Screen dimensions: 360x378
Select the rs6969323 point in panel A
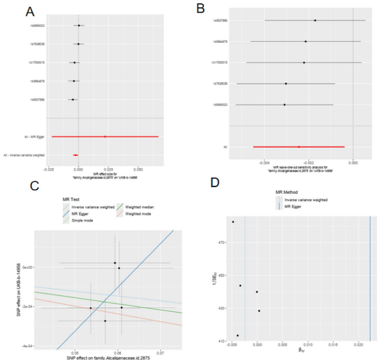(79, 25)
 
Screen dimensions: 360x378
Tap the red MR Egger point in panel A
(105, 136)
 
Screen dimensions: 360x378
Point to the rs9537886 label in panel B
(221, 21)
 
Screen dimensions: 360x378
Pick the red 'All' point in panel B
(299, 147)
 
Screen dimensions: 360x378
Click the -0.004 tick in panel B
(264, 163)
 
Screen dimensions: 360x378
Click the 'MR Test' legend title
(71, 197)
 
